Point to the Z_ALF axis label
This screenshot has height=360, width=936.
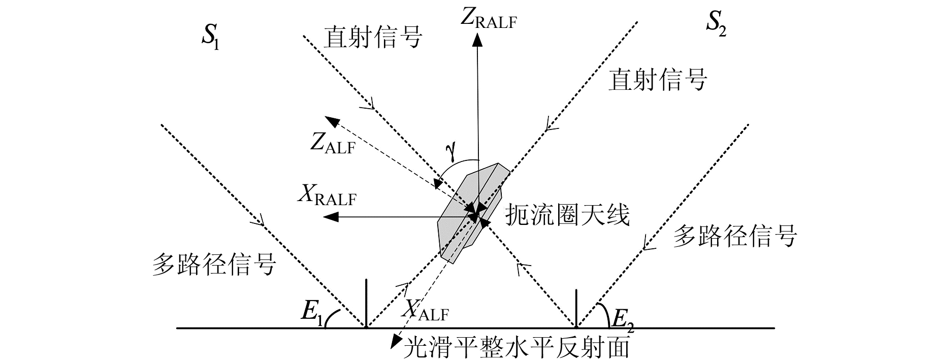click(x=333, y=144)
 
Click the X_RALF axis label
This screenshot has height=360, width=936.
click(x=327, y=196)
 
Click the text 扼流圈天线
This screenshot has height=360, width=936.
click(x=567, y=215)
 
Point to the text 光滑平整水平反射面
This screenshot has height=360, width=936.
click(x=515, y=348)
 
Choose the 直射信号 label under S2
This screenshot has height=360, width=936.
click(x=658, y=80)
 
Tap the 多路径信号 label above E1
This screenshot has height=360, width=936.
click(x=213, y=265)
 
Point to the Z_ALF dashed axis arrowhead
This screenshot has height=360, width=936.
click(x=333, y=121)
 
